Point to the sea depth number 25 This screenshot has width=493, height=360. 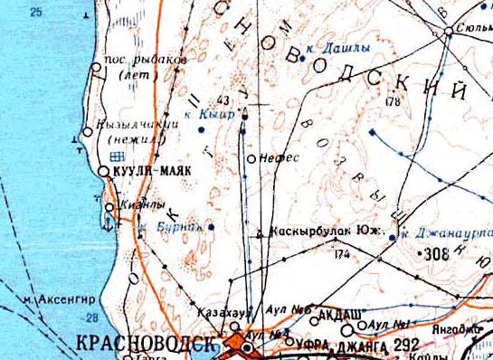36,12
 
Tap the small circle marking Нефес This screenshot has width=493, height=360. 251,158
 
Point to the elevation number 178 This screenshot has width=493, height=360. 392,103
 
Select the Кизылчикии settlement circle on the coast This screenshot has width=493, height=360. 87,132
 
